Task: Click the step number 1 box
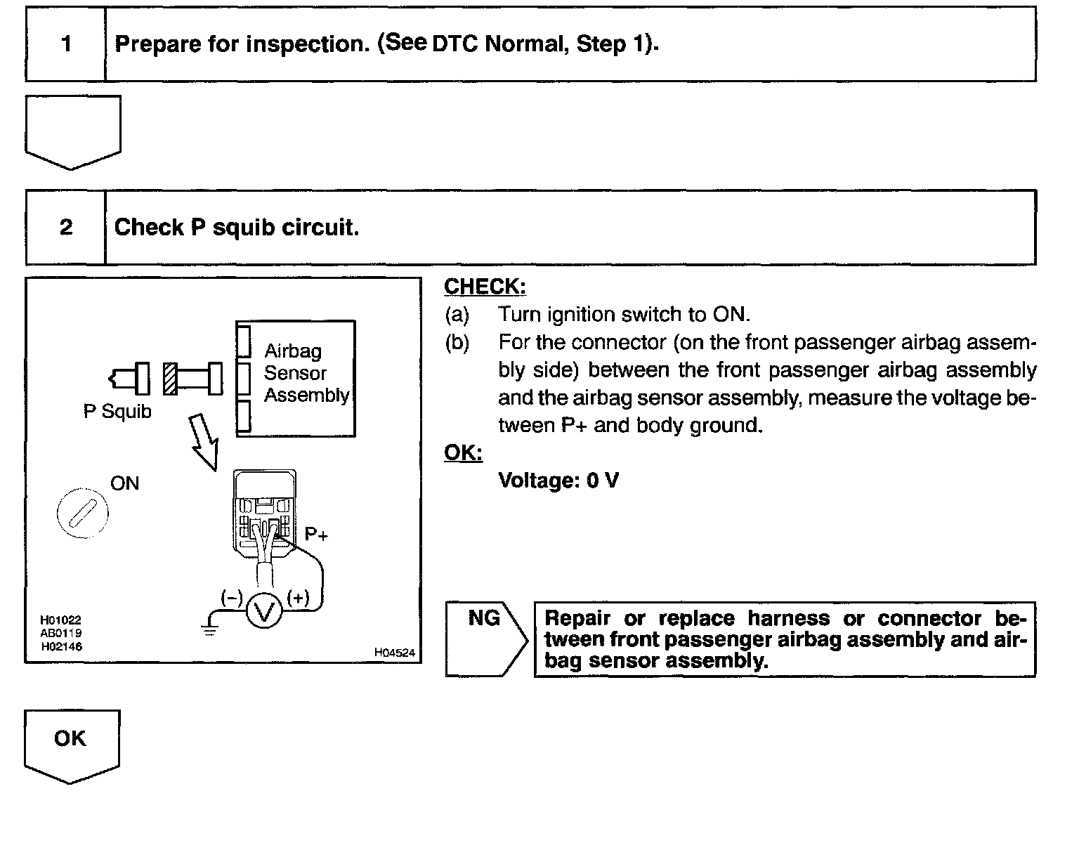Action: pos(66,44)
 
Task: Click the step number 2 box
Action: pos(66,228)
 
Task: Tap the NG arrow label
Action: pos(484,619)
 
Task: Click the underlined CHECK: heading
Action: pos(485,287)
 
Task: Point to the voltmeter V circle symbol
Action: pos(265,611)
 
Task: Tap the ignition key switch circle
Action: pos(82,512)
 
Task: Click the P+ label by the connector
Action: pos(317,535)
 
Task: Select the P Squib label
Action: pos(117,411)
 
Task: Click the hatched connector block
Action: pos(169,379)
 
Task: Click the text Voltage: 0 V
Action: pos(558,481)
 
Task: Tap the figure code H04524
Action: pos(394,653)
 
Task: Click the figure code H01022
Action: pos(61,620)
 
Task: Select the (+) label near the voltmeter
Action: pos(298,599)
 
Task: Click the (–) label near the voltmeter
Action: pos(231,599)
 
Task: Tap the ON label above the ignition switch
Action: pos(125,483)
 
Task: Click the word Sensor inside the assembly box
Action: pos(295,373)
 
